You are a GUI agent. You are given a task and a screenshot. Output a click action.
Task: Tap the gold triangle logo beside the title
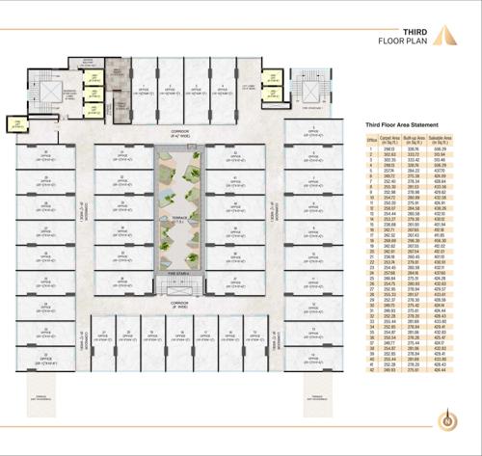(441, 38)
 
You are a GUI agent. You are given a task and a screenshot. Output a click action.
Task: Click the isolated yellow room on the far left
(16, 123)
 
